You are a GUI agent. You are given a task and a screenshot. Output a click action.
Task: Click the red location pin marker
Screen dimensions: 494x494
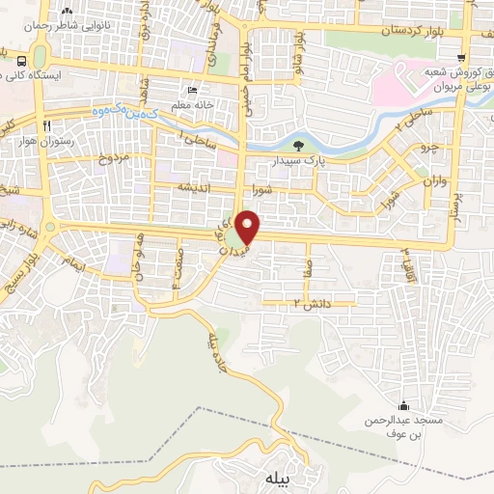249,226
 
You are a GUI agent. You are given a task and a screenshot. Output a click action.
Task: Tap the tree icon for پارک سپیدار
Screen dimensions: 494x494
297,147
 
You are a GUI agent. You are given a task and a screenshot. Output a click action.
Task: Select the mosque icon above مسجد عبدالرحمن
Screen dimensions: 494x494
403,405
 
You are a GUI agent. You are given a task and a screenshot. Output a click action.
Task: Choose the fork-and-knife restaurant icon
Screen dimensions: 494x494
45,126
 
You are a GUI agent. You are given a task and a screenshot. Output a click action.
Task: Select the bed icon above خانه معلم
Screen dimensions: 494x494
191,90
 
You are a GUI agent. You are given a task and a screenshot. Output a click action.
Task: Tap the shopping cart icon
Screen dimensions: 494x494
464,58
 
